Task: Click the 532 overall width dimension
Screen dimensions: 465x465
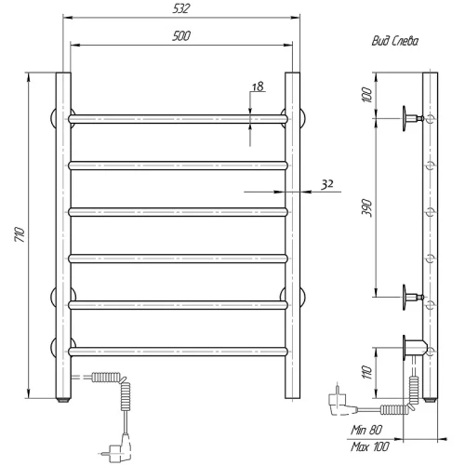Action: pyautogui.click(x=180, y=8)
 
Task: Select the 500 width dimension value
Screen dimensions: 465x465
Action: pyautogui.click(x=181, y=36)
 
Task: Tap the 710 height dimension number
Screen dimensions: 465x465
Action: pyautogui.click(x=20, y=234)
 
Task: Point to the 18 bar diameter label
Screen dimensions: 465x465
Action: pyautogui.click(x=258, y=86)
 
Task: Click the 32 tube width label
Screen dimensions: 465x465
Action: pyautogui.click(x=327, y=184)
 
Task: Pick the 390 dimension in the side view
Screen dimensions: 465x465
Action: pyautogui.click(x=366, y=208)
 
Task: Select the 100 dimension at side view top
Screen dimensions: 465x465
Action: pyautogui.click(x=366, y=95)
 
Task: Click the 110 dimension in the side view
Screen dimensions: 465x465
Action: pyautogui.click(x=366, y=372)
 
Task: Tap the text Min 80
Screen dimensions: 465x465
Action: pyautogui.click(x=366, y=430)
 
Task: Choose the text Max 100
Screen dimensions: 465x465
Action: pyautogui.click(x=370, y=446)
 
